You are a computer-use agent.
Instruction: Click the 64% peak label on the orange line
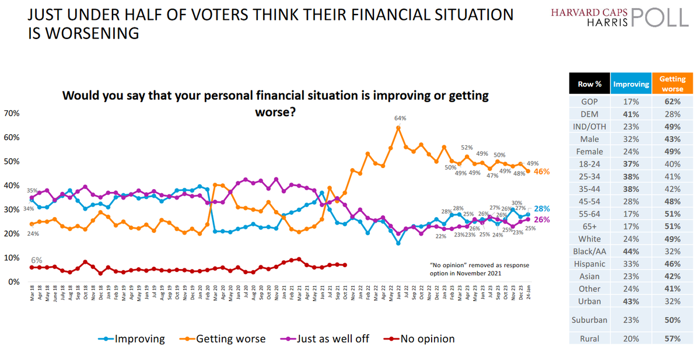pos(398,118)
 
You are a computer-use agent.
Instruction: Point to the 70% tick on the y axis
pos(12,113)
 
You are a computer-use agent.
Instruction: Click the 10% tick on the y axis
pos(12,257)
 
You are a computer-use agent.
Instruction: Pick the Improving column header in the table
pos(631,84)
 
